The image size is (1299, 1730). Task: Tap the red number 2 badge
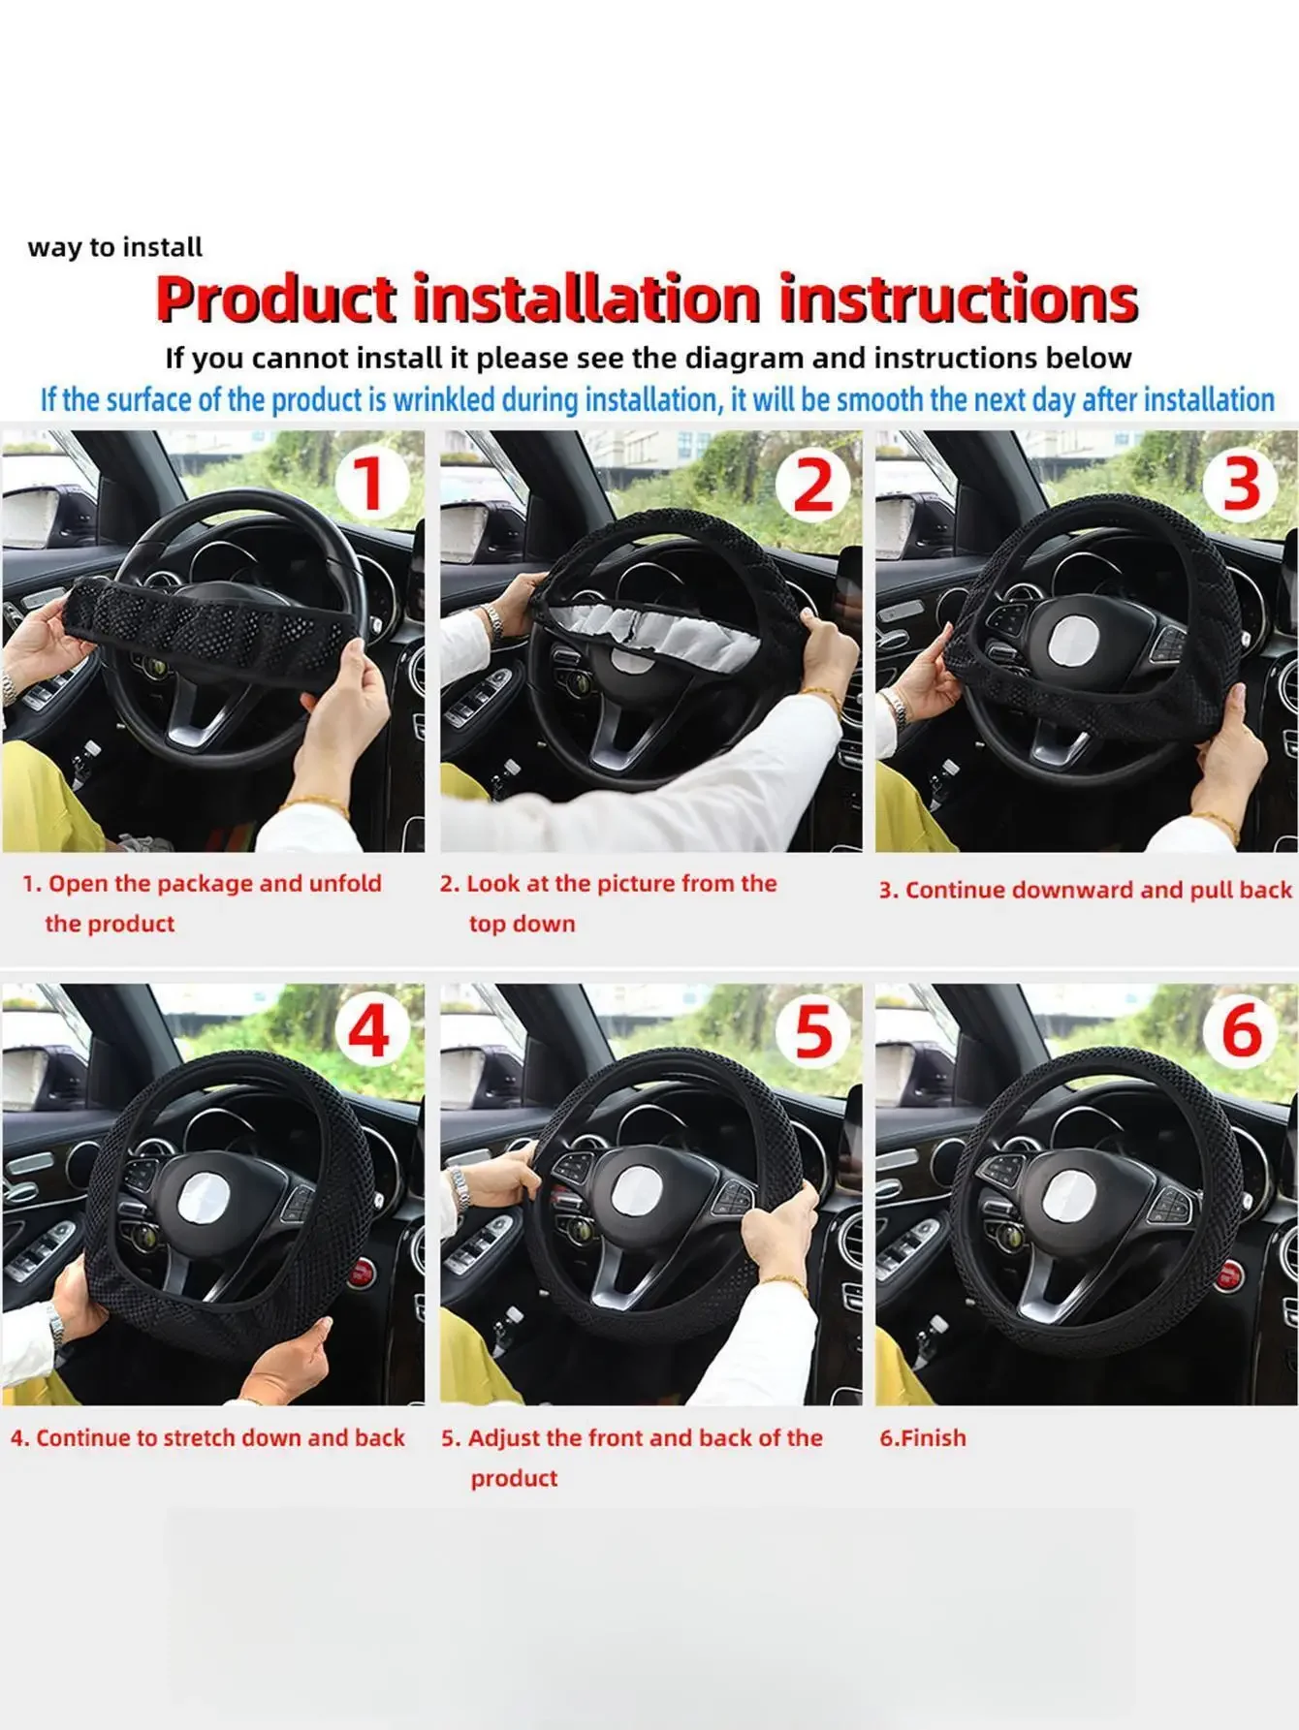[x=812, y=484]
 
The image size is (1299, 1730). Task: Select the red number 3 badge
[x=1242, y=484]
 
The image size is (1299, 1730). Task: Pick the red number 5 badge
[x=812, y=1030]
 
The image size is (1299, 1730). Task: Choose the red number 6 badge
[x=1242, y=1030]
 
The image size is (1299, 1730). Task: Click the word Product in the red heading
[x=276, y=299]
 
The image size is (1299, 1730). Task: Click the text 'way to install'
[x=115, y=248]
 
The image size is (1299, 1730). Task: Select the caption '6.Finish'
[x=923, y=1437]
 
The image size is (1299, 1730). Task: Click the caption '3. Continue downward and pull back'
[x=1086, y=891]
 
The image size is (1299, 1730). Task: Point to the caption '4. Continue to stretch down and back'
[x=207, y=1437]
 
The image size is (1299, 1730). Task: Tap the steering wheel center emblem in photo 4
[x=206, y=1202]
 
